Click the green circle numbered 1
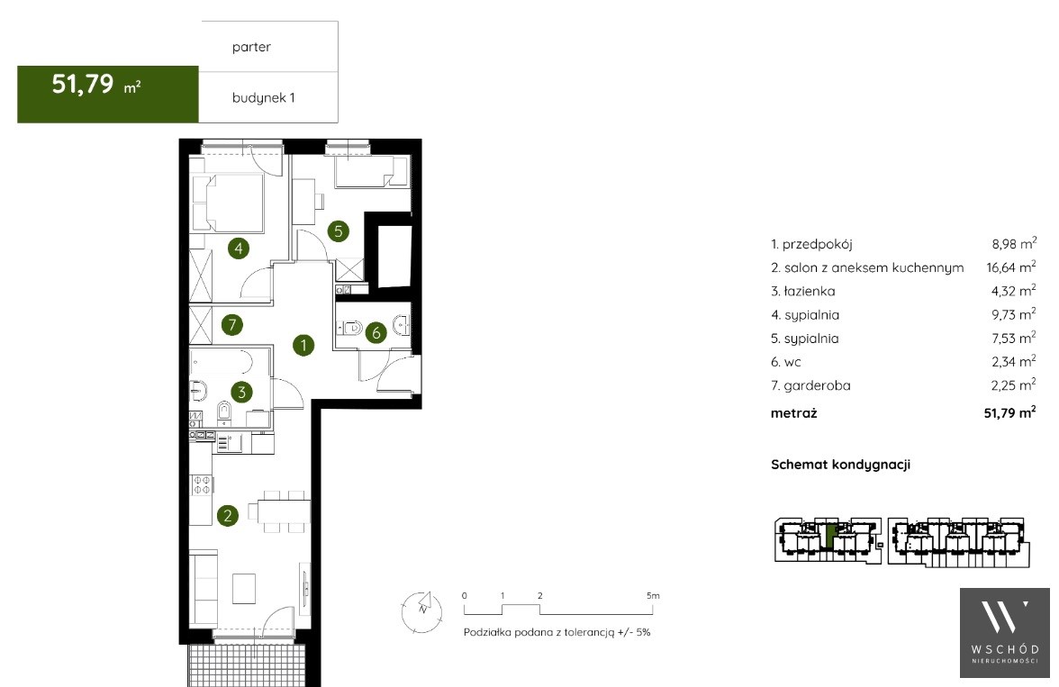click(x=303, y=345)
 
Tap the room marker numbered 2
click(x=228, y=515)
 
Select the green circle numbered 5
click(x=339, y=231)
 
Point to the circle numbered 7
click(x=232, y=325)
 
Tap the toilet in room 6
click(x=350, y=329)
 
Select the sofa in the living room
click(x=203, y=588)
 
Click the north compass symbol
click(x=422, y=610)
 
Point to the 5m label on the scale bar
click(x=652, y=596)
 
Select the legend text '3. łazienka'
click(x=803, y=291)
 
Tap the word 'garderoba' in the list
click(x=818, y=385)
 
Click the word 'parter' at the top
click(x=251, y=47)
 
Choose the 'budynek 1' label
click(x=263, y=97)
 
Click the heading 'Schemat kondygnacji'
click(x=840, y=465)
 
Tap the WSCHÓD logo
click(x=1005, y=632)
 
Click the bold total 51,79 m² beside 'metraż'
click(x=1009, y=412)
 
